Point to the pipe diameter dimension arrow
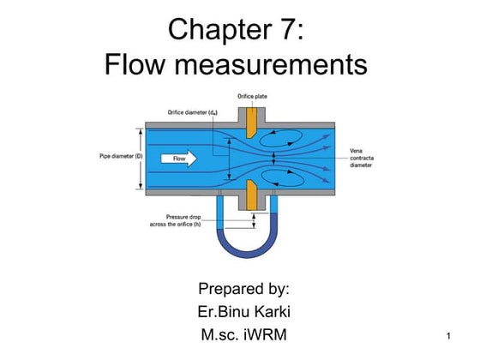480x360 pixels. pos(137,158)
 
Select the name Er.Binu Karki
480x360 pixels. pos(243,309)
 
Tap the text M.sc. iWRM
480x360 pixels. pos(243,333)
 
